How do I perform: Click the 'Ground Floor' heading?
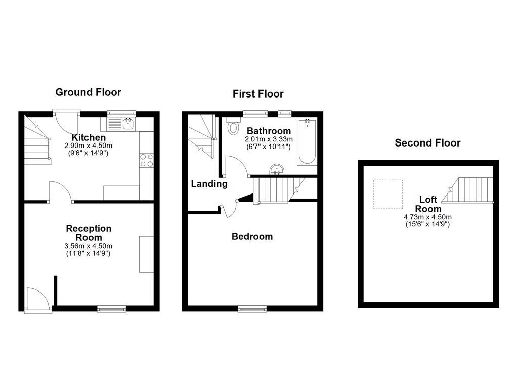[x=88, y=92]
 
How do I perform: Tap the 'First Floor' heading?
[x=258, y=93]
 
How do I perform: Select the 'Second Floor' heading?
[x=427, y=142]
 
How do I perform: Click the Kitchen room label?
[x=89, y=137]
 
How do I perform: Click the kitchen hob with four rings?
[x=146, y=160]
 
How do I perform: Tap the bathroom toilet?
[x=233, y=126]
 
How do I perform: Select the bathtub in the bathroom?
[x=307, y=141]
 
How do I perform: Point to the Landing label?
[x=209, y=184]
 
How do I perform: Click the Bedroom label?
[x=252, y=236]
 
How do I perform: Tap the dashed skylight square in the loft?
[x=388, y=195]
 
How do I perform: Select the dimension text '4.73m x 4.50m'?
[x=427, y=217]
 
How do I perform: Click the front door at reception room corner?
[x=38, y=300]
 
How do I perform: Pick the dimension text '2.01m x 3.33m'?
[x=268, y=139]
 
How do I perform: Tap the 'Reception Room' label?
[x=89, y=233]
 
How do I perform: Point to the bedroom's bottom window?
[x=252, y=308]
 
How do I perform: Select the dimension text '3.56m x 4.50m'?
[x=89, y=246]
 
